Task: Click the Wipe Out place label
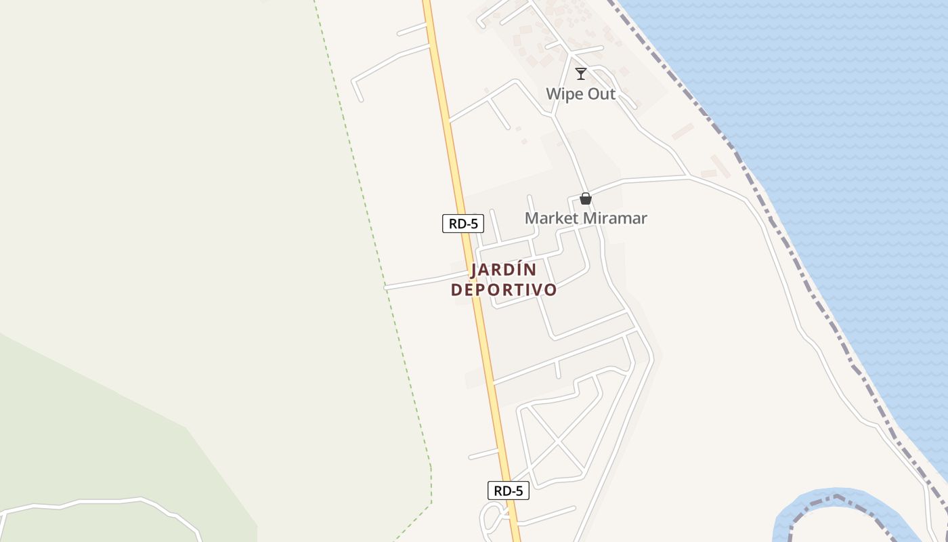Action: coord(581,93)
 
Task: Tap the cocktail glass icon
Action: coord(581,73)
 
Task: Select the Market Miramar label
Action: coord(586,218)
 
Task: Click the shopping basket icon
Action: coord(586,199)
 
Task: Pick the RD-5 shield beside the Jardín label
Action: coord(463,224)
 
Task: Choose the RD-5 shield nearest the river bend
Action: coord(508,491)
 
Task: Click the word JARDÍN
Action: coord(503,270)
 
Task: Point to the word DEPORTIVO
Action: coord(504,290)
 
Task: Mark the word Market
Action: coord(552,218)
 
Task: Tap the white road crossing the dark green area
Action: coord(102,502)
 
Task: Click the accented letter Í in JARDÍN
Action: coord(521,269)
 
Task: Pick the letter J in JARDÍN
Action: coord(475,270)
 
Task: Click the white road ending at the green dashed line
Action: coord(420,282)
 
